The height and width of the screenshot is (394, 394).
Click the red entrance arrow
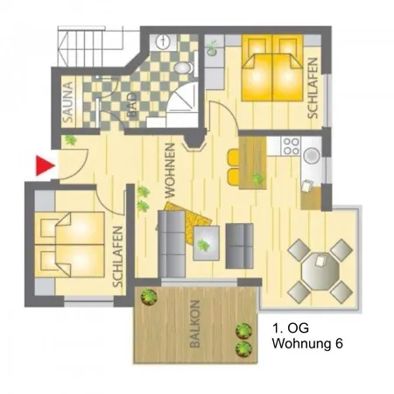click(44, 165)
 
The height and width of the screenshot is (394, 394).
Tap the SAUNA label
click(68, 102)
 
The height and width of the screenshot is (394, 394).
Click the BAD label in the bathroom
click(132, 105)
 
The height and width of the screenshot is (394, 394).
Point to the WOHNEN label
click(170, 171)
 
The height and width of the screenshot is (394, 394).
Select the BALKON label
click(195, 324)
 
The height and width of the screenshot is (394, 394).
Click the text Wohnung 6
click(307, 343)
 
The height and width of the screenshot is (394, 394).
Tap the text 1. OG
click(291, 328)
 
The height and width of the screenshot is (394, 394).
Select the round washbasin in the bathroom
click(163, 42)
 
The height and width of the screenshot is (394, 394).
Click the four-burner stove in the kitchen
click(292, 146)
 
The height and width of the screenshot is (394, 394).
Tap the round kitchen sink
click(312, 155)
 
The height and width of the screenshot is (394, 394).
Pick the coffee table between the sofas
click(207, 243)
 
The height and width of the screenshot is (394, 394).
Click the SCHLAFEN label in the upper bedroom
click(313, 88)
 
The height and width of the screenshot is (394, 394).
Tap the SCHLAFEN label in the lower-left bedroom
click(117, 257)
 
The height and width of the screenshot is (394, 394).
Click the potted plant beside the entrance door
click(70, 140)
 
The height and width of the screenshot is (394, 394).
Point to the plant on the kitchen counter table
click(258, 178)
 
